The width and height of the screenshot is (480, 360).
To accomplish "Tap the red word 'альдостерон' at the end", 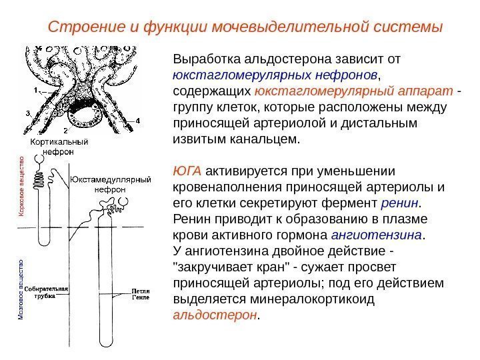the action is point(213,317).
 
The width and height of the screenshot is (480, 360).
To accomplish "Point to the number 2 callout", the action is point(65,130).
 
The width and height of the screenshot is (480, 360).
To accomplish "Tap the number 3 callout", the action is point(28,113).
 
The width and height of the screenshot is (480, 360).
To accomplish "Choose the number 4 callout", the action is point(138,121).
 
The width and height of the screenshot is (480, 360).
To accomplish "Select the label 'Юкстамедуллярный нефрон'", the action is point(111,185).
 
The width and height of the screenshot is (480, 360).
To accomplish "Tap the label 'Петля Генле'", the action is point(141,295).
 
